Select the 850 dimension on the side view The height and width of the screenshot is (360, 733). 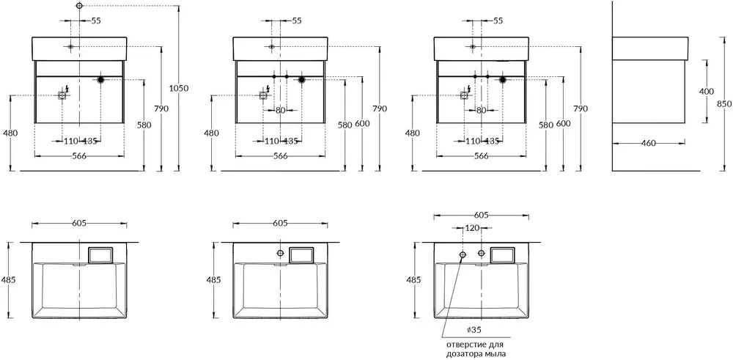click(724, 104)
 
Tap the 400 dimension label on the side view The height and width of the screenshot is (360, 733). click(707, 92)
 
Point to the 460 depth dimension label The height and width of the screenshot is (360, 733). click(649, 143)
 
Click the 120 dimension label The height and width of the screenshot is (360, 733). click(471, 228)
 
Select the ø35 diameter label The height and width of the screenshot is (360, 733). click(474, 330)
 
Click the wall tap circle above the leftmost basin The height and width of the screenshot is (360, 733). click(79, 6)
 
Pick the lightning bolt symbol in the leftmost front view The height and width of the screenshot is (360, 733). click(68, 89)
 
